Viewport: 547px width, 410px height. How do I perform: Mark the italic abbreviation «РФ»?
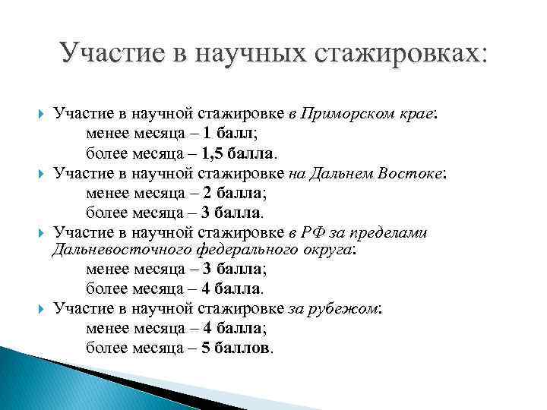click(311, 232)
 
